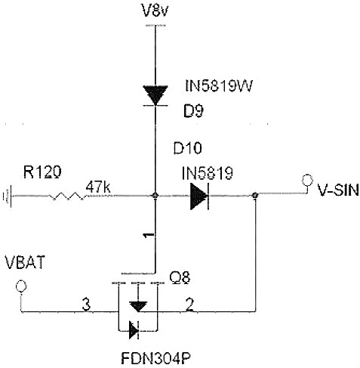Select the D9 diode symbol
(x=155, y=94)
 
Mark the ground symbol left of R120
(x=8, y=196)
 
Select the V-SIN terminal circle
(x=307, y=180)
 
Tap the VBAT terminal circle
(x=21, y=286)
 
